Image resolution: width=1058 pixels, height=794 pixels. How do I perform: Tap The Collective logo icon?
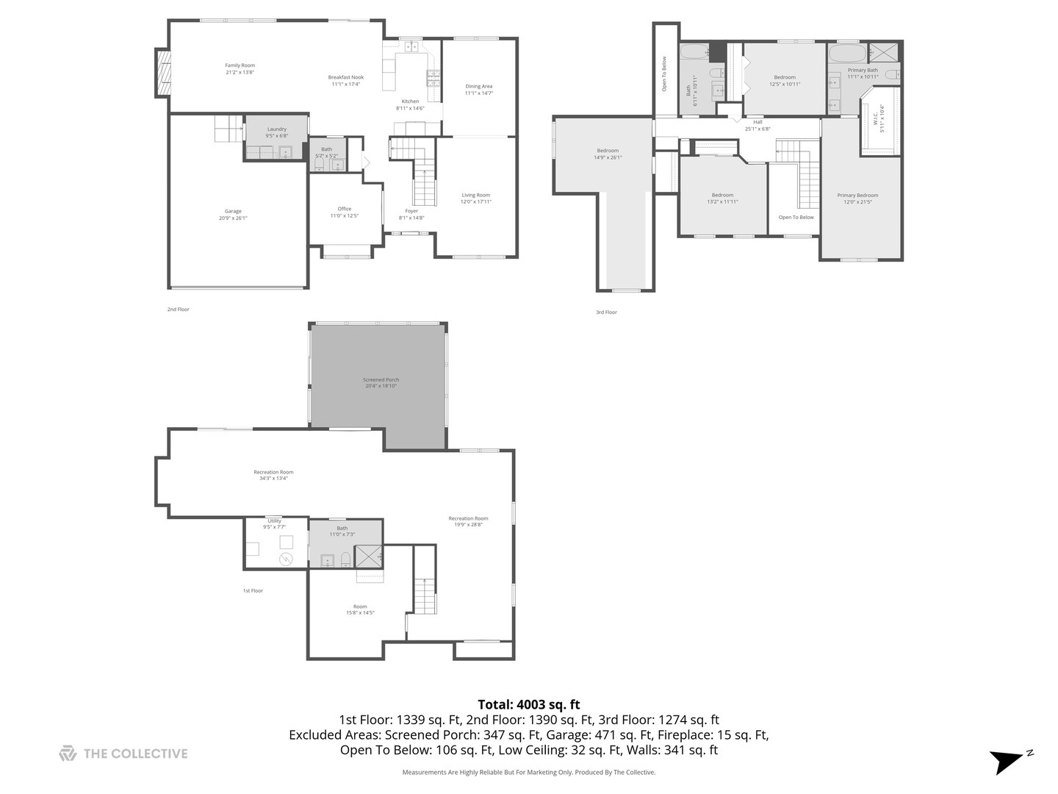tap(68, 754)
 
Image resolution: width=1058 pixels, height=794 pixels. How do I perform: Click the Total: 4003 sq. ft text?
tap(528, 704)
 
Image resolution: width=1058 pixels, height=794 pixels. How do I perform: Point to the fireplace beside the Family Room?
tap(162, 72)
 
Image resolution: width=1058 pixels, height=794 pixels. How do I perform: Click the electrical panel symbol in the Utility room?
tap(286, 560)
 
